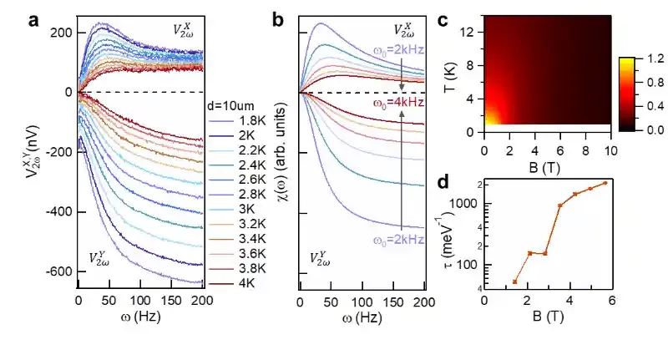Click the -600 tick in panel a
tap(55, 271)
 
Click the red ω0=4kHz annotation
tap(397, 104)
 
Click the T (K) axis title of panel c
tap(462, 74)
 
